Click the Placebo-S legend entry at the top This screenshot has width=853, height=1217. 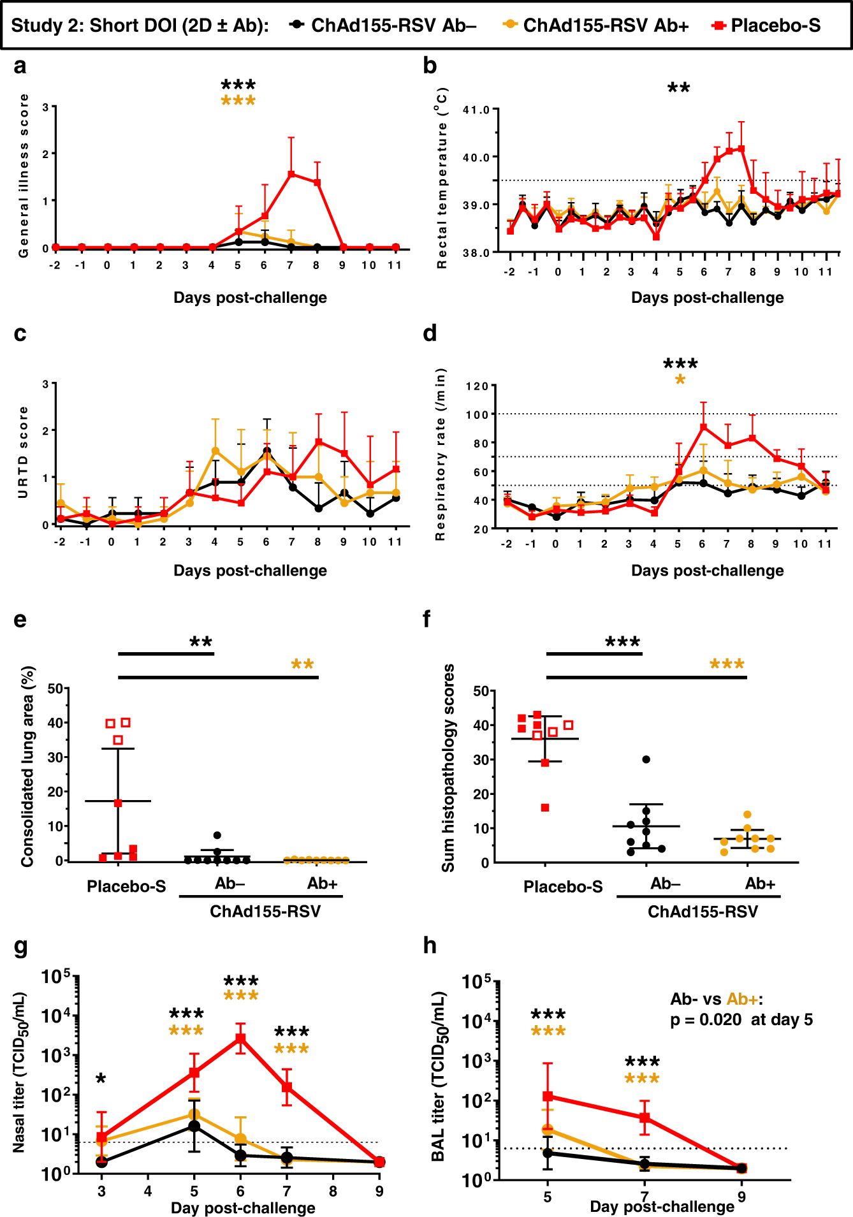(x=775, y=26)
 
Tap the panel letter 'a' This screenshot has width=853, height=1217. (x=20, y=66)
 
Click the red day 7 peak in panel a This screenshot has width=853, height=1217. (x=291, y=173)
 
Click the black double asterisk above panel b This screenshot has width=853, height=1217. (x=678, y=88)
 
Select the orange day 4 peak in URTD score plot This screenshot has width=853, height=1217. (x=215, y=451)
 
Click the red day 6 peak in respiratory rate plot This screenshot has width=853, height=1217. (x=703, y=426)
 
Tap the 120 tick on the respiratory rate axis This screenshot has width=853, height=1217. (x=477, y=386)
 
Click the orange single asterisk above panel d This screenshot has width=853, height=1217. (x=680, y=380)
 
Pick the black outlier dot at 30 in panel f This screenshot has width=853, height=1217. (x=646, y=759)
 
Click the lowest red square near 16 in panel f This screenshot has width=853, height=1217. (x=545, y=808)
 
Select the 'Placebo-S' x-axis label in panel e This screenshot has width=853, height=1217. (x=126, y=886)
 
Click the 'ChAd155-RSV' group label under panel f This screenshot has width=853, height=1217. (x=703, y=912)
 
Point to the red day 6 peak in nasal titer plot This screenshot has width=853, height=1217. (x=240, y=1038)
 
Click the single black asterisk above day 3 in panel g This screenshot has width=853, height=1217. (x=101, y=1079)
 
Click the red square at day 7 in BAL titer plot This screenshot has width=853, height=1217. (x=645, y=1117)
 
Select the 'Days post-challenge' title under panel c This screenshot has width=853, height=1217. (x=250, y=571)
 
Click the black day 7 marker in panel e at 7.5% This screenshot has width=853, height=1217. (x=217, y=835)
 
